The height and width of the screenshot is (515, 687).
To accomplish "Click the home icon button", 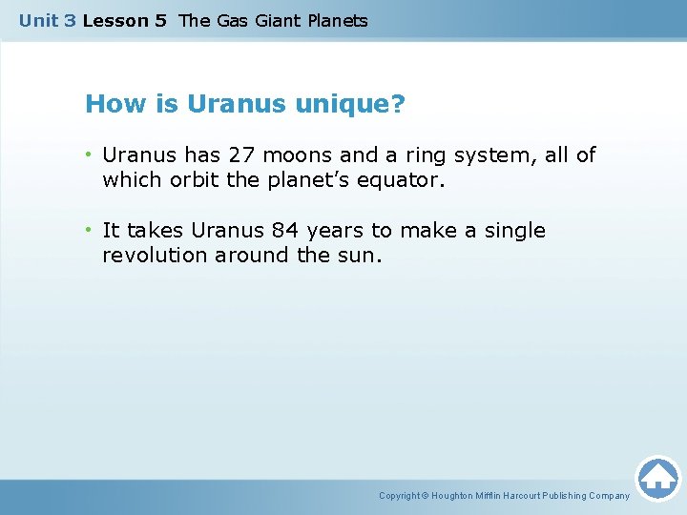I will [657, 478].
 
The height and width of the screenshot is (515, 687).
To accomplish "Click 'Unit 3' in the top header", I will [47, 21].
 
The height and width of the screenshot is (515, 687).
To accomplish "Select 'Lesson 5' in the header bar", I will [124, 21].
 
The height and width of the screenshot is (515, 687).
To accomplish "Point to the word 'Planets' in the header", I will [334, 21].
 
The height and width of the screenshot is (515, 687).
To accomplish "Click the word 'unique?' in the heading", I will [349, 104].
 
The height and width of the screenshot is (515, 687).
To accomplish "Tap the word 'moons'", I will [298, 154].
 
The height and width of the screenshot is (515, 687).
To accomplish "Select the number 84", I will [284, 231].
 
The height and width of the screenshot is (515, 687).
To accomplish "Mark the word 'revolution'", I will [155, 256].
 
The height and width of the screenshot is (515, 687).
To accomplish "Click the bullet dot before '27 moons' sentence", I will [89, 154].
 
